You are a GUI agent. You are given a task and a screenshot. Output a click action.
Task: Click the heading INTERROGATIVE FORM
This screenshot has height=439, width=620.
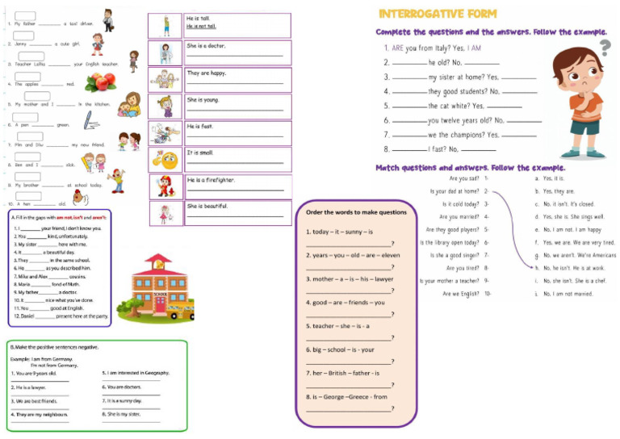pyautogui.click(x=438, y=14)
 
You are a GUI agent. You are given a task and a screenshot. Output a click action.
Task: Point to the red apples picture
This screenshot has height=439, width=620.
pyautogui.click(x=101, y=81)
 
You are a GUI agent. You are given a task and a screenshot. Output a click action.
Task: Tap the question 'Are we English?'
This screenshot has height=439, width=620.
pyautogui.click(x=465, y=294)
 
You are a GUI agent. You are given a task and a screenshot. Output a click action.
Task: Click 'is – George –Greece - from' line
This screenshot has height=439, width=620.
pyautogui.click(x=346, y=396)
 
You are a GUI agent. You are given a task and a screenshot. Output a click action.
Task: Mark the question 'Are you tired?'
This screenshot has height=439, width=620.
pyautogui.click(x=462, y=268)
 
